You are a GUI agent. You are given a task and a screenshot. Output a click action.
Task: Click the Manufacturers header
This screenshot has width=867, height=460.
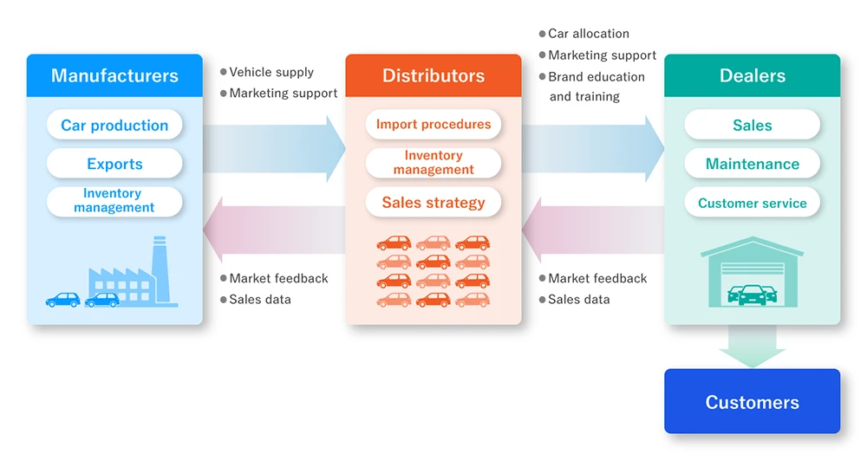point(114,75)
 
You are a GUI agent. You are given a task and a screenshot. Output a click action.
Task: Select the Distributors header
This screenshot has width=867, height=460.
point(433,75)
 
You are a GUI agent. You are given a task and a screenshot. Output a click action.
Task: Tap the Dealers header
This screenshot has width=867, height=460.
point(752,75)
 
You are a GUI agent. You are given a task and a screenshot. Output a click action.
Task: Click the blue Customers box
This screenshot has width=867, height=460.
point(752,401)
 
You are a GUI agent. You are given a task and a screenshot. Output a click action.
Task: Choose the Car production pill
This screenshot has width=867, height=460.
point(114,125)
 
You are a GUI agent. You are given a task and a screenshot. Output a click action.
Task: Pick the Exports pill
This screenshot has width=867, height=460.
point(114,164)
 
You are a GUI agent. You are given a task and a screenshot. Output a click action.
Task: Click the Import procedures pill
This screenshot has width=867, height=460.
point(433,124)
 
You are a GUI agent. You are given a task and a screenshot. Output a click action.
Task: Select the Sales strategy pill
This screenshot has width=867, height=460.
point(433,202)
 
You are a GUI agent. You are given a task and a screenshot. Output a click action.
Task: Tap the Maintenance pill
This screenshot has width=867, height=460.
point(752,164)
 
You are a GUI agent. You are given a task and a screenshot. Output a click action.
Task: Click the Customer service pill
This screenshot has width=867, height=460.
point(752,203)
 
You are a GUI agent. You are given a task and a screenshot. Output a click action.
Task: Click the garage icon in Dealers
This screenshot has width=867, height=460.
point(752,272)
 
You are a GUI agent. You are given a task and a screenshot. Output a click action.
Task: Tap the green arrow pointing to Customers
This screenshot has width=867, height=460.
point(752,347)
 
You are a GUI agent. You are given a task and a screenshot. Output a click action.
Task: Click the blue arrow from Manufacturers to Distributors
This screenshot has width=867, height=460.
point(275,148)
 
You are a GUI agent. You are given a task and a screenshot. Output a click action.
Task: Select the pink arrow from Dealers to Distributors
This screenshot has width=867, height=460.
point(593,230)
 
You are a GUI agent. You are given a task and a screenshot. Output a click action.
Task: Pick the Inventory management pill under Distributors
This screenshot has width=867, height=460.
point(433,163)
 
